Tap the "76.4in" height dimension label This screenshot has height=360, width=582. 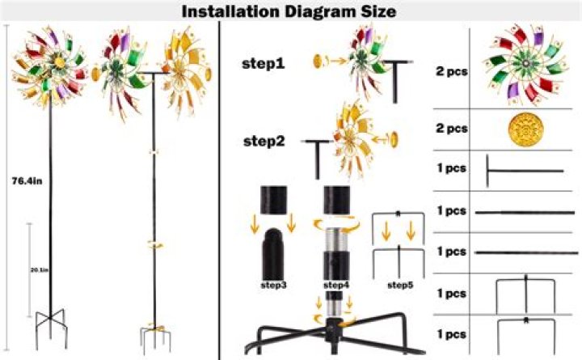(27, 181)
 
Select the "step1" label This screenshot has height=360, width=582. (263, 63)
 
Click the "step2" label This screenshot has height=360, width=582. (263, 140)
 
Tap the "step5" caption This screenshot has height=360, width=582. (399, 285)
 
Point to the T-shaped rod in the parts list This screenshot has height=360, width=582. (523, 172)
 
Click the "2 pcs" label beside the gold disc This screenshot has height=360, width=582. (452, 129)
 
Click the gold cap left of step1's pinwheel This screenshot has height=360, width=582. (318, 60)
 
